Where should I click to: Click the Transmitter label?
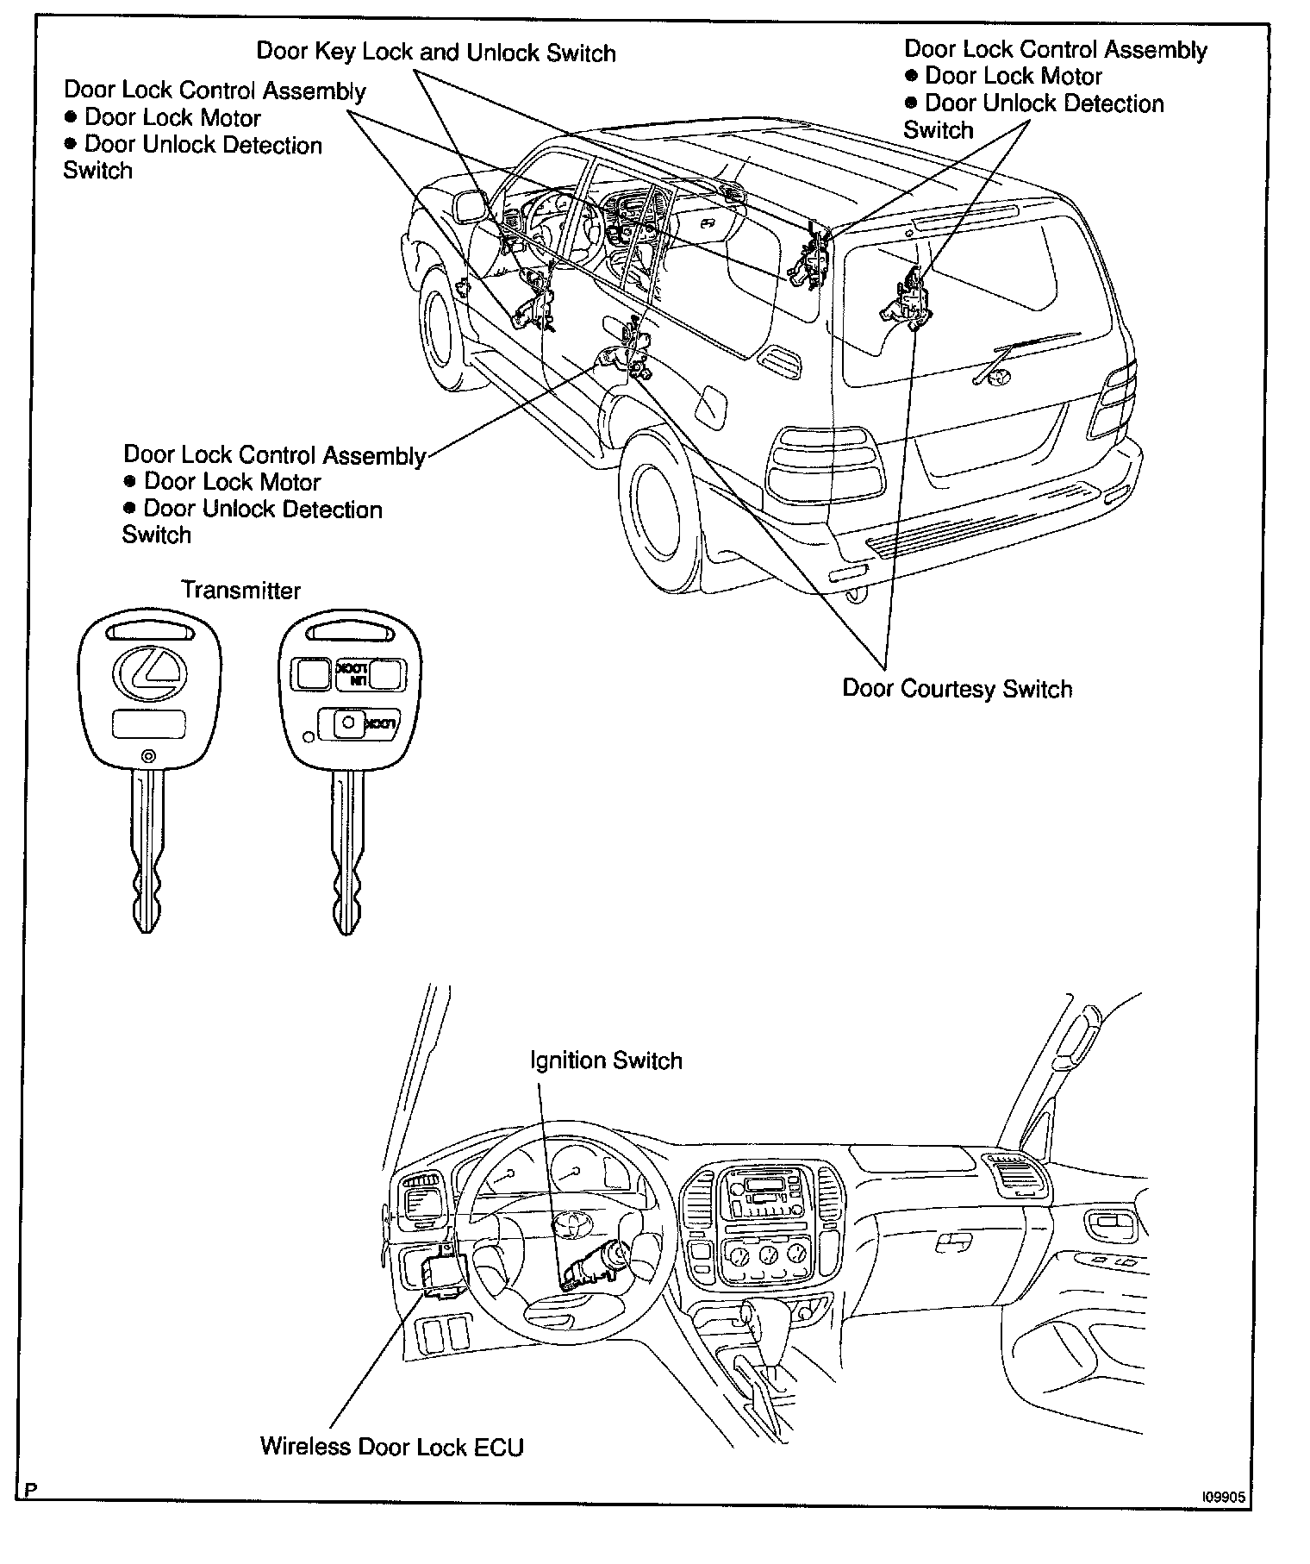(240, 591)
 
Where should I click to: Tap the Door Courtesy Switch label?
(957, 689)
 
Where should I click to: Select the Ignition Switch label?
(606, 1060)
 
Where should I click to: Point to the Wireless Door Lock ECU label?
(392, 1446)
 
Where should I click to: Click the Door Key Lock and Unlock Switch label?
(436, 53)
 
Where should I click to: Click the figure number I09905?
(1223, 1498)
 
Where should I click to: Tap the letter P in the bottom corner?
(30, 1490)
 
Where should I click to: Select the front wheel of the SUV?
(442, 332)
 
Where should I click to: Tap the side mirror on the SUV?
(470, 206)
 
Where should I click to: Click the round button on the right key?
(349, 722)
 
